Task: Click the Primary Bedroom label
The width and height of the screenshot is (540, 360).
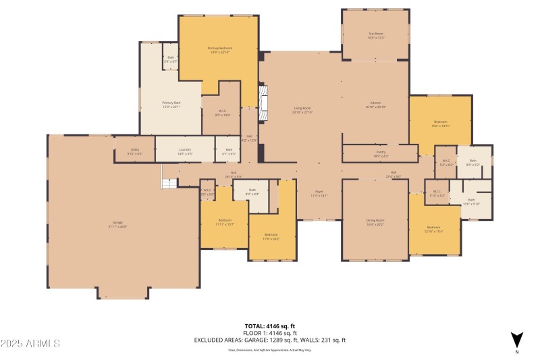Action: [x=219, y=50]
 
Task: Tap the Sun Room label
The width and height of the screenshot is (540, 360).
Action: [x=376, y=35]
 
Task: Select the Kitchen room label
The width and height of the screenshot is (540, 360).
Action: [x=376, y=105]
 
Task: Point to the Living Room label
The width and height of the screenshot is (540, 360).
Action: [x=302, y=109]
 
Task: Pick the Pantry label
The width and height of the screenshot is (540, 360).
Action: [x=381, y=153]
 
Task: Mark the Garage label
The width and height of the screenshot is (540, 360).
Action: [x=117, y=223]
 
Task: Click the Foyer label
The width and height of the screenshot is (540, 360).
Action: [x=319, y=194]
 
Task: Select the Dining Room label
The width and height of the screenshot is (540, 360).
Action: [x=375, y=222]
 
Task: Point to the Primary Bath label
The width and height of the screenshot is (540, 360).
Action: [x=153, y=105]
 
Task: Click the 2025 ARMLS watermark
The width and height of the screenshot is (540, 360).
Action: [x=30, y=344]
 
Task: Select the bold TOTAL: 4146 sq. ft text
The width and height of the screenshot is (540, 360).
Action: [x=269, y=326]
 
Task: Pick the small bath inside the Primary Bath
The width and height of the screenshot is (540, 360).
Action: [x=171, y=60]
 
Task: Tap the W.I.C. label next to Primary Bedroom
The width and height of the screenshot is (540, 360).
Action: [x=223, y=113]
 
